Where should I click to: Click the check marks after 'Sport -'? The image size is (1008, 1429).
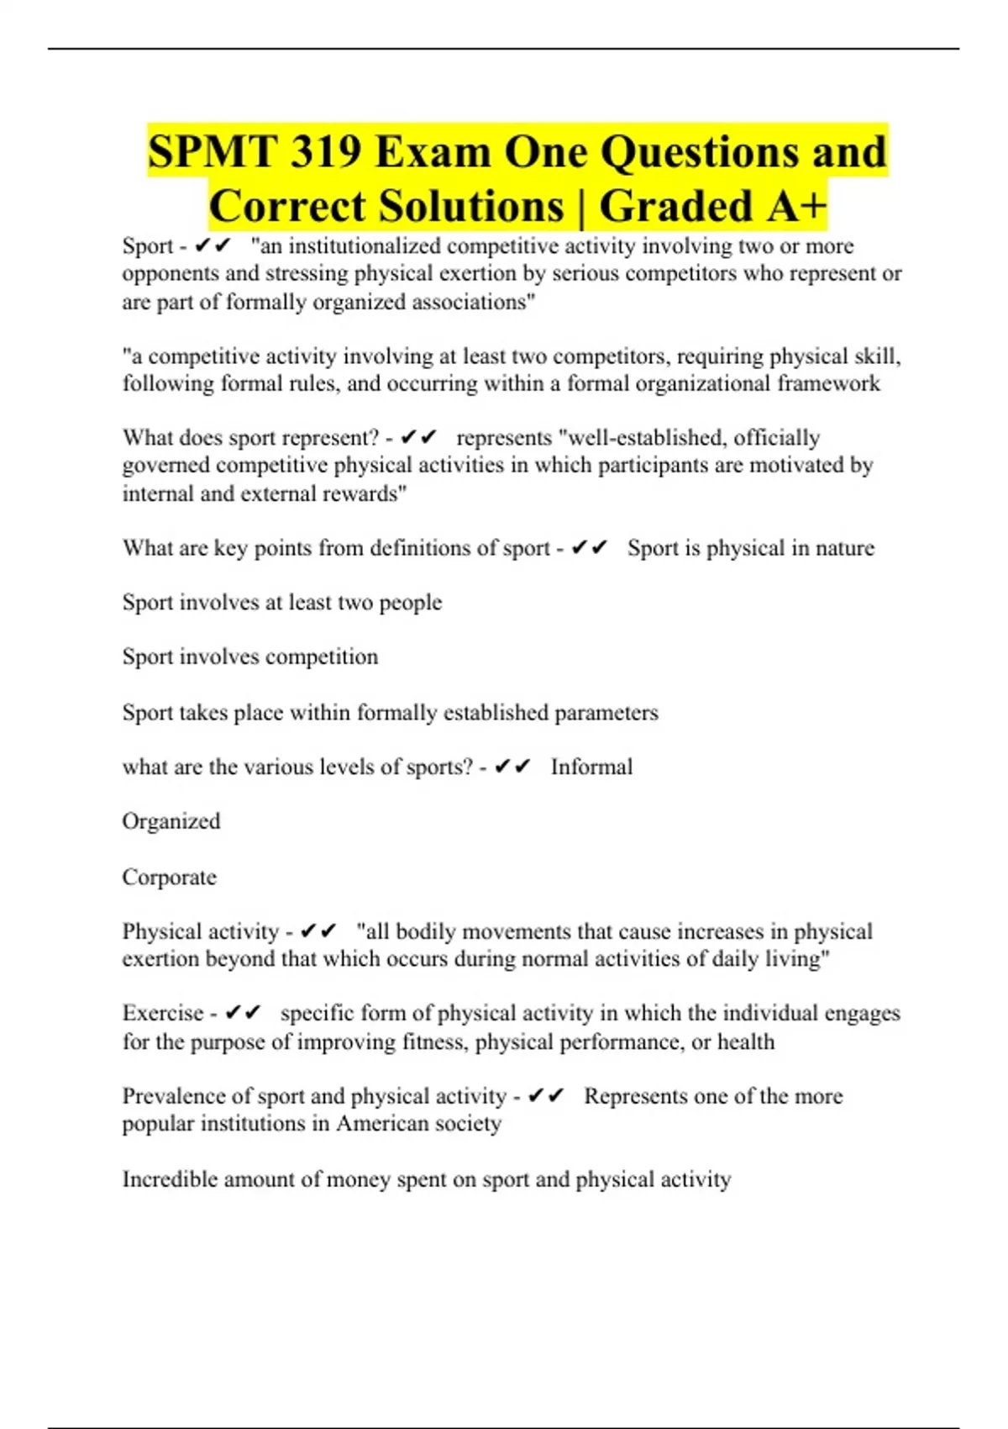tap(212, 245)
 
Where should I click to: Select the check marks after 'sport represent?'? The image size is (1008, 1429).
tap(418, 438)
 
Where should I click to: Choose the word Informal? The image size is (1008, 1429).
tap(591, 767)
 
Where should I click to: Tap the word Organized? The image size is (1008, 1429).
tap(171, 821)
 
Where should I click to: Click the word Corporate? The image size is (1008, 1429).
tap(169, 878)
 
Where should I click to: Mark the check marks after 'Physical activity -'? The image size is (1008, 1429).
tap(318, 931)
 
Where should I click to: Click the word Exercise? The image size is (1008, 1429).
tap(163, 1013)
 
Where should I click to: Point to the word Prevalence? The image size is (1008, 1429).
tap(174, 1096)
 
